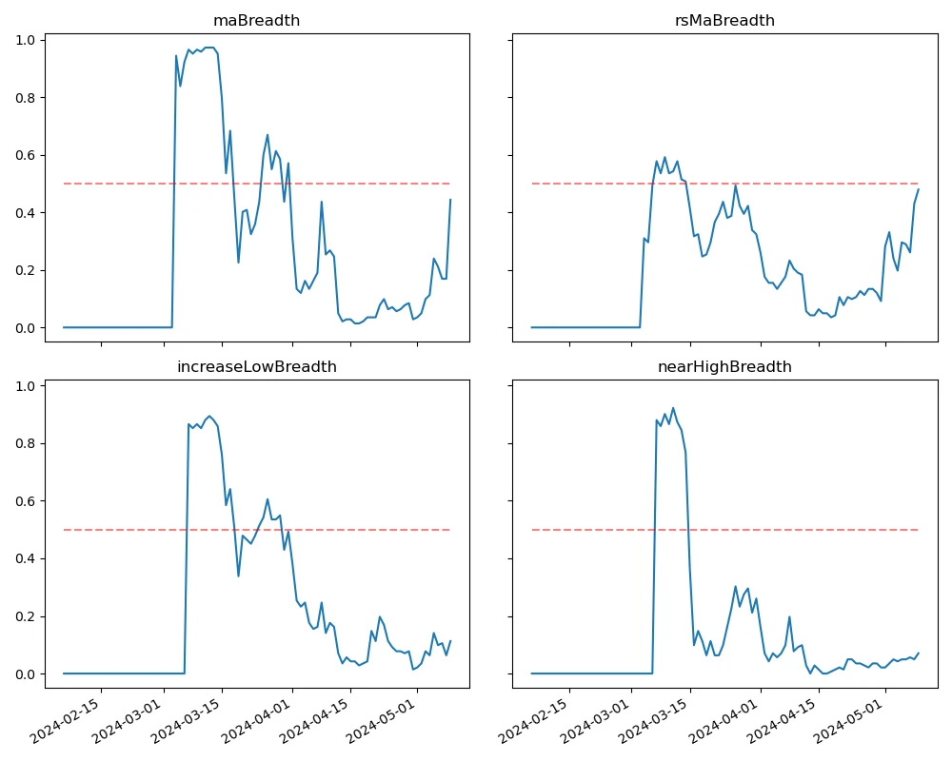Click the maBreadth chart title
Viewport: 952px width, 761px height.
pyautogui.click(x=256, y=20)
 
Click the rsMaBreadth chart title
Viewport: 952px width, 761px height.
pyautogui.click(x=724, y=20)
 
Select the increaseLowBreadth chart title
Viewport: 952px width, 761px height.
pyautogui.click(x=256, y=366)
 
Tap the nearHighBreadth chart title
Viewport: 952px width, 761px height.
pyautogui.click(x=724, y=366)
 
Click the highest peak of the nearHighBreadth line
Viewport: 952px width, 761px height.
pyautogui.click(x=673, y=408)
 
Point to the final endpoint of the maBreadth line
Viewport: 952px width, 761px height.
pyautogui.click(x=450, y=200)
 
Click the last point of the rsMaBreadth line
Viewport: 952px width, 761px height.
pyautogui.click(x=919, y=189)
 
